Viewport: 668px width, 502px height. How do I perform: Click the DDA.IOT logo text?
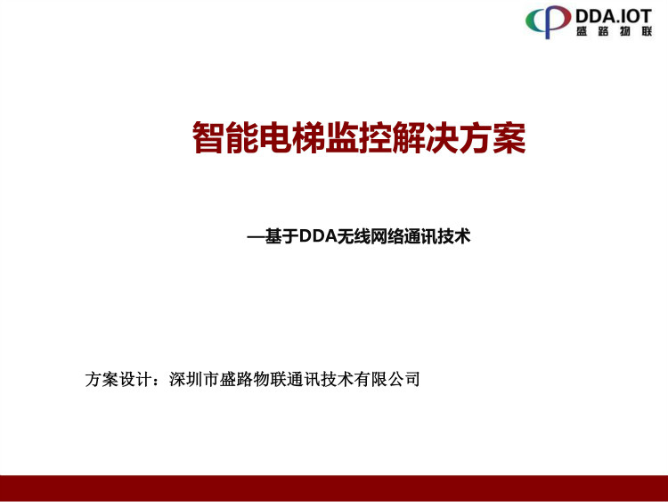point(614,16)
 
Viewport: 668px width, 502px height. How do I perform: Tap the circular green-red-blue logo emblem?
point(548,21)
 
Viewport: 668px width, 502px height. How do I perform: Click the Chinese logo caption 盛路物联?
point(614,31)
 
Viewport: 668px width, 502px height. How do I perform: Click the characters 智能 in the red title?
point(225,137)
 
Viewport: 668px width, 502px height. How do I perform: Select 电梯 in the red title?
point(292,137)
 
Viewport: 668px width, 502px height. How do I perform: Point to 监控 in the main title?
point(358,137)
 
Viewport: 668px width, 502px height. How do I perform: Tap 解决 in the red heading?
point(425,137)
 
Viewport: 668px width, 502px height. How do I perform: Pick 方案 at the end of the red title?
point(492,137)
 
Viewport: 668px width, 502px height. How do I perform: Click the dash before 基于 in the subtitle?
point(256,236)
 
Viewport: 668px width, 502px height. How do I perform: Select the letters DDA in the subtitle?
point(317,236)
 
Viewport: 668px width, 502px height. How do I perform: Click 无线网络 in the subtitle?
point(370,236)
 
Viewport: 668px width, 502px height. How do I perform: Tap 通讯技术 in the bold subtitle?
point(436,236)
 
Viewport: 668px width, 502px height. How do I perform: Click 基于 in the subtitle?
point(281,236)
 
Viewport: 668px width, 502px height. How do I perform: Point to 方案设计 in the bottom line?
point(118,379)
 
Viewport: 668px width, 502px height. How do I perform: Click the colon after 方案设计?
point(159,380)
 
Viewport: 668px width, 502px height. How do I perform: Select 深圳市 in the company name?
point(194,379)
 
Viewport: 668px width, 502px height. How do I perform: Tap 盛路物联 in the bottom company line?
point(253,379)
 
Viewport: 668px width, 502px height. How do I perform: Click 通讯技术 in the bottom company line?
point(320,379)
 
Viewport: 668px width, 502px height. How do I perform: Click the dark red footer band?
point(334,489)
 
